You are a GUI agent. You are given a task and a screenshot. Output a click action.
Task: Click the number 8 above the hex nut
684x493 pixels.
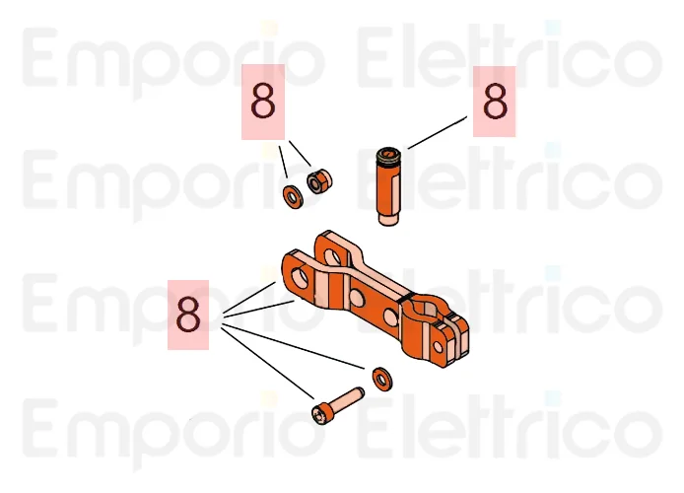point(263,102)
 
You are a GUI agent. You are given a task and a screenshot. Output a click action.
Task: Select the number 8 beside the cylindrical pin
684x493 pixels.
point(495,102)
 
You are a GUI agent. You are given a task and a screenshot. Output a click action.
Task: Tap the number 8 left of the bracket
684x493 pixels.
point(188,315)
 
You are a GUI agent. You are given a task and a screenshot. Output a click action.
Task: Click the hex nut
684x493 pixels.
point(319,181)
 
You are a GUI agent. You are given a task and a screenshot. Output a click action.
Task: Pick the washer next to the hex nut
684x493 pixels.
point(293,197)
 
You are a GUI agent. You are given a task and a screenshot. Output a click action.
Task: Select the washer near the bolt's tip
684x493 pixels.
point(382,379)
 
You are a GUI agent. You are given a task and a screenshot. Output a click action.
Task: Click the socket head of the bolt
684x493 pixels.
point(320,412)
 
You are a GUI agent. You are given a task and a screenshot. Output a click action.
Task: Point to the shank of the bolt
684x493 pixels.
point(347,398)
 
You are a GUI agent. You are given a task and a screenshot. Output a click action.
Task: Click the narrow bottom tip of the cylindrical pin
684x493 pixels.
point(388,219)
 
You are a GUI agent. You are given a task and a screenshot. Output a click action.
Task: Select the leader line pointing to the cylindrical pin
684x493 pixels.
point(437,133)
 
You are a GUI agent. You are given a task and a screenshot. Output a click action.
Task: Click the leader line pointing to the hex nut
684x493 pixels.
point(301,153)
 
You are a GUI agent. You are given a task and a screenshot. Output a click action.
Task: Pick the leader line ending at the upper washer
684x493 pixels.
point(284,162)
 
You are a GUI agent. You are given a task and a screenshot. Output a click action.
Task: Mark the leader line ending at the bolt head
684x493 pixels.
point(267,363)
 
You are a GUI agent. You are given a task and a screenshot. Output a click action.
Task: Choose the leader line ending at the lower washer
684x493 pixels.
point(293,346)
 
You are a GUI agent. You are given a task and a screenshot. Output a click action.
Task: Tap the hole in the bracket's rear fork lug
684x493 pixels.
point(333,256)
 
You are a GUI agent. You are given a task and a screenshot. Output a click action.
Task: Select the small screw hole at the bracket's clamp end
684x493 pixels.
point(438,347)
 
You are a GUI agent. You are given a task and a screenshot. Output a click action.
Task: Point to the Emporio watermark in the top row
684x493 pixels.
point(173,59)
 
